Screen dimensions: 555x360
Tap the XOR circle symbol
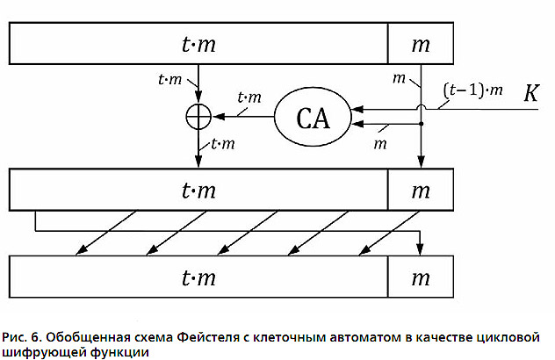coord(198,116)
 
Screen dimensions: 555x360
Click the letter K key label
coord(531,93)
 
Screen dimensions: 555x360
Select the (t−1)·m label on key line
coord(472,90)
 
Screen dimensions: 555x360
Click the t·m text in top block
coord(198,44)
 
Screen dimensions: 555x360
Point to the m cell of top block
coord(421,44)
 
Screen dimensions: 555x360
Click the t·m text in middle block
coord(198,191)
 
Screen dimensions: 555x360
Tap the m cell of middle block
coord(421,190)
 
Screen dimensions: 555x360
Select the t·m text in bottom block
coord(198,277)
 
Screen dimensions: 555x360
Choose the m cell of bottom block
coord(421,277)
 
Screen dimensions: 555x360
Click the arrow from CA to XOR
coord(243,116)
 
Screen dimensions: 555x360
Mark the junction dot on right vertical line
coord(421,124)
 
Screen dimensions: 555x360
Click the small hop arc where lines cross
coord(421,105)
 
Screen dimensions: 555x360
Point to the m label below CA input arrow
coord(380,144)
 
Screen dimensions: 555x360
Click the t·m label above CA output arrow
coord(249,97)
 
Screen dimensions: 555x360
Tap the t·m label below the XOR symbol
coord(223,144)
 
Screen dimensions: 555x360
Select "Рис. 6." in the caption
coord(22,337)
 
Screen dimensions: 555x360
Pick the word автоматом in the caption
coord(365,337)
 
